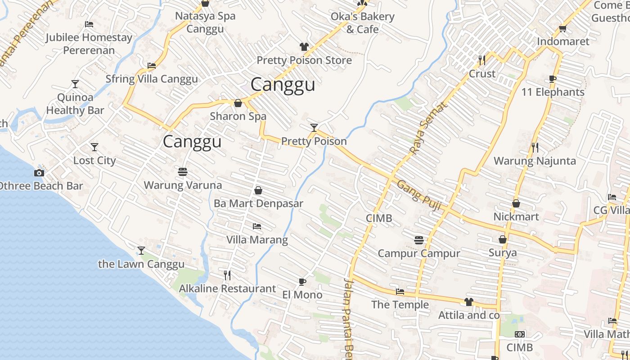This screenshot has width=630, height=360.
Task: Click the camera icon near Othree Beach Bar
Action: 39,173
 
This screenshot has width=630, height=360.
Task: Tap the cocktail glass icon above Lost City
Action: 94,147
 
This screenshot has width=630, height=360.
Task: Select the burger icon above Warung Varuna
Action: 183,172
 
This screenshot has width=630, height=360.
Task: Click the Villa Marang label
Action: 257,239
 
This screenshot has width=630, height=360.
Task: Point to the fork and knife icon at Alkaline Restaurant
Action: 228,275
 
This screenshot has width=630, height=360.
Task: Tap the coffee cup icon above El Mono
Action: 302,282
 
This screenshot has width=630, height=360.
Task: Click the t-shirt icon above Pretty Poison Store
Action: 304,47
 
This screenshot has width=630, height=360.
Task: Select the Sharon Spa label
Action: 238,116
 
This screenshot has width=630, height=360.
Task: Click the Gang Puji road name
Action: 418,194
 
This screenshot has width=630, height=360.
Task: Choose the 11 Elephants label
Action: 553,92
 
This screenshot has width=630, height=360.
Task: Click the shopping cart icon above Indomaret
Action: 562,28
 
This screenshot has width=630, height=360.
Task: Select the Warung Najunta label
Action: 535,161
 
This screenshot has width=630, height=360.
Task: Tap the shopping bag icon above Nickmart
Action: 516,204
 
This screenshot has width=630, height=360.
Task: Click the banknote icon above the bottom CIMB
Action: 520,334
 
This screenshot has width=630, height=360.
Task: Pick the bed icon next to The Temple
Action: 400,292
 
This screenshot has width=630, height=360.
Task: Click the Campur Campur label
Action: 418,253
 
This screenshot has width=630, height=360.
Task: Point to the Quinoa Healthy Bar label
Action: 75,103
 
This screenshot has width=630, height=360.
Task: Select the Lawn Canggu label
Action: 141,264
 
